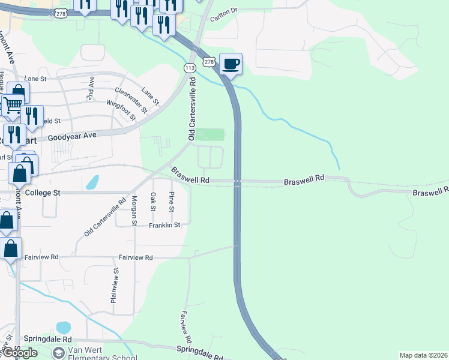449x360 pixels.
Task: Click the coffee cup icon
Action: tap(231, 64)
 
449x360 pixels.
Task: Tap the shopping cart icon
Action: tap(13, 106)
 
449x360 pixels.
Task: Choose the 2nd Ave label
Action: tap(91, 88)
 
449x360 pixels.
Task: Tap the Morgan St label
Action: tap(134, 211)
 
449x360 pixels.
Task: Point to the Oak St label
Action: tap(153, 202)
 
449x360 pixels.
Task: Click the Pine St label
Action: tap(172, 202)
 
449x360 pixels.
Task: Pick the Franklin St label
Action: tap(164, 225)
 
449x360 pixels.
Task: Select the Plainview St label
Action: tap(114, 286)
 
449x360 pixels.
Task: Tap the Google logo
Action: tap(19, 353)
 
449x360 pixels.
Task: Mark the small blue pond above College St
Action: tap(92, 182)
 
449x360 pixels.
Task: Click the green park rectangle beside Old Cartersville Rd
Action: tap(209, 134)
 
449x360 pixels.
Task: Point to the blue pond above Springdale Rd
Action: tap(63, 328)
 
